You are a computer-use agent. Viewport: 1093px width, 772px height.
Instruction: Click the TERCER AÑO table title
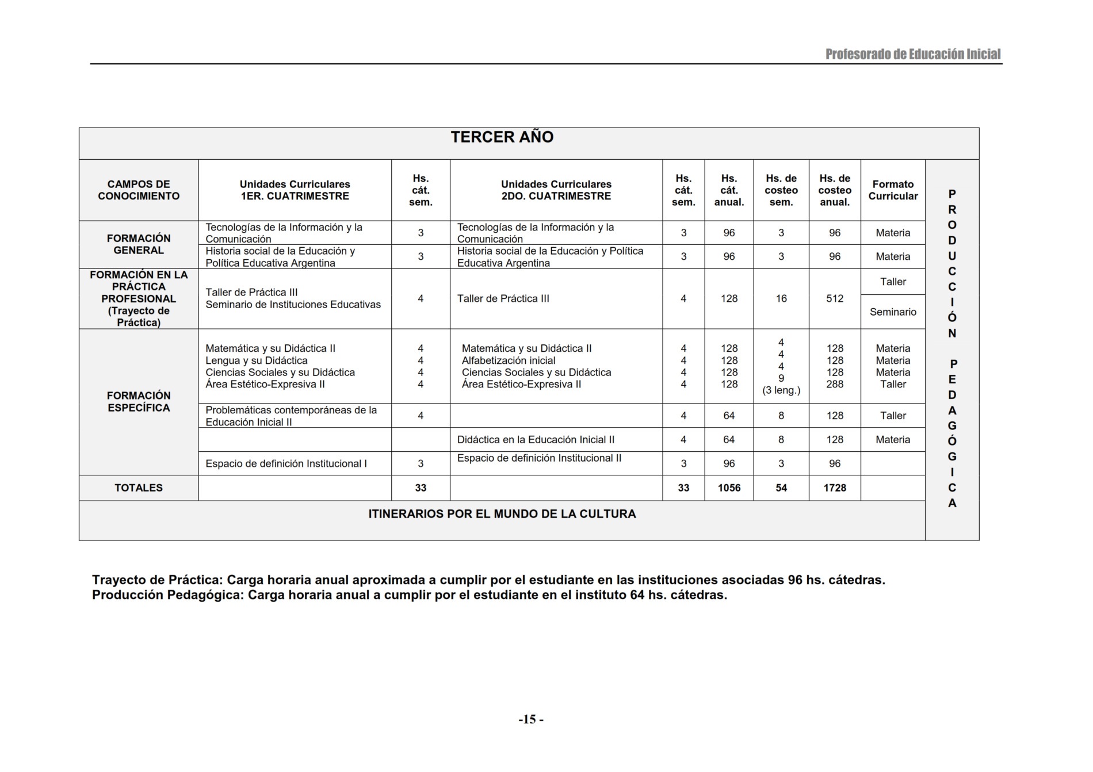point(502,137)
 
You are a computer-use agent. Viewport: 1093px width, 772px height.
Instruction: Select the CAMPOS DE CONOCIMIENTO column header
point(139,190)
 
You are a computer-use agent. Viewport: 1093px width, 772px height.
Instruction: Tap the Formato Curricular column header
point(893,190)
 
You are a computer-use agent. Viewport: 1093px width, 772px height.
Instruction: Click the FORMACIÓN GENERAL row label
point(139,244)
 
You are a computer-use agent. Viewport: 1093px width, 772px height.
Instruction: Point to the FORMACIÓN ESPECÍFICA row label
point(139,401)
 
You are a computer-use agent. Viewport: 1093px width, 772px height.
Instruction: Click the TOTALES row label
point(139,488)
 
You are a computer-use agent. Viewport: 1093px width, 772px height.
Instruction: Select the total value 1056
point(729,488)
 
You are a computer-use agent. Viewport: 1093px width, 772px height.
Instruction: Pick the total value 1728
point(835,488)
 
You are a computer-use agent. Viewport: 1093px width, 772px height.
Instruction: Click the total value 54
point(781,488)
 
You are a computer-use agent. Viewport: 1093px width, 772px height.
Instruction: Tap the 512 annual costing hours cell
point(835,299)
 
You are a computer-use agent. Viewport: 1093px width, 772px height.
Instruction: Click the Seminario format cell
point(893,312)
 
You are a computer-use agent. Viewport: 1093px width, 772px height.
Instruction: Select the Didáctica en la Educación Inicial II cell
point(536,440)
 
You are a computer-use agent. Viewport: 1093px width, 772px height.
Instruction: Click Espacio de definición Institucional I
point(286,464)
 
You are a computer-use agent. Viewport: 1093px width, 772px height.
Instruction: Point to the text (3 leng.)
point(781,391)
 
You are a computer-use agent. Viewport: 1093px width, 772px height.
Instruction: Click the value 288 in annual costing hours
point(835,385)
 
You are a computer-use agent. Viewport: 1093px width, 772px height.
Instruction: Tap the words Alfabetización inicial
point(509,361)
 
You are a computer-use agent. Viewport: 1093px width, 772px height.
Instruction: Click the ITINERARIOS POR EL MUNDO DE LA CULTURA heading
point(502,514)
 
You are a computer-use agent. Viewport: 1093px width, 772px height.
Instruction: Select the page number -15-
point(531,719)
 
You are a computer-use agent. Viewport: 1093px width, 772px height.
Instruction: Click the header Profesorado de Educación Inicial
point(913,55)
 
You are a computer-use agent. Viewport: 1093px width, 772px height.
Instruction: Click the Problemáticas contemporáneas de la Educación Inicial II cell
point(291,416)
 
